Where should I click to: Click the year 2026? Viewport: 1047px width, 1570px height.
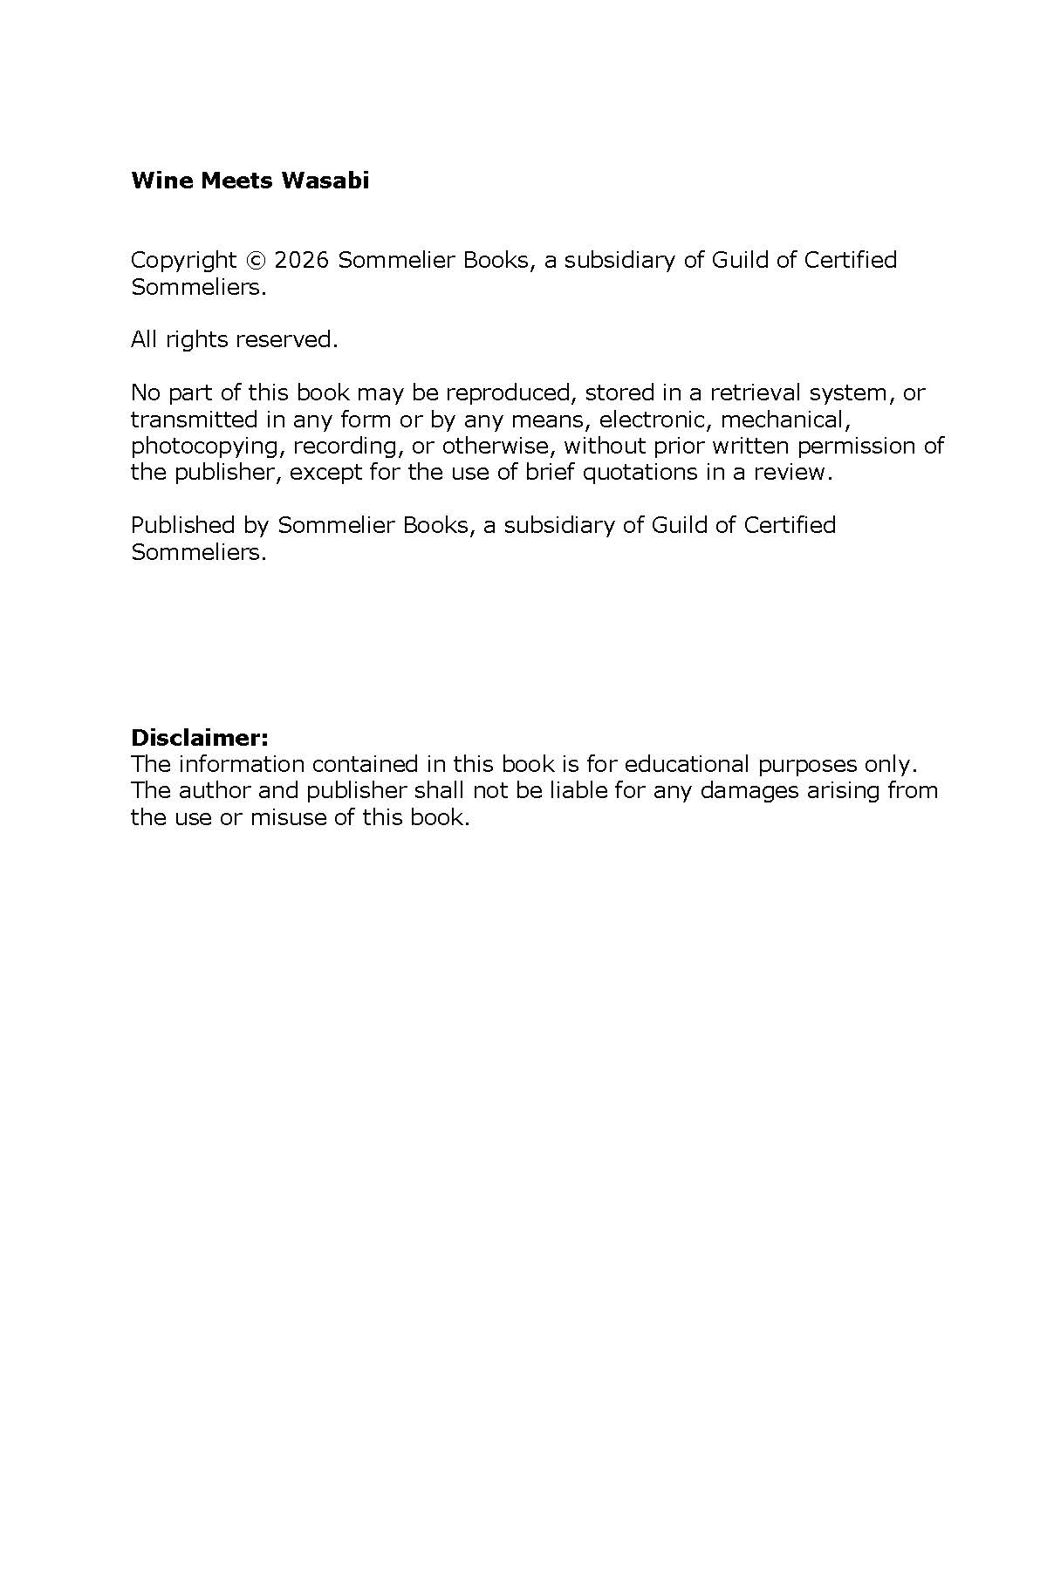tap(301, 260)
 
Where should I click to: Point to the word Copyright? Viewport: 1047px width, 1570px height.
tap(183, 260)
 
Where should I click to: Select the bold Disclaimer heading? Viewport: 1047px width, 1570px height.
tap(199, 738)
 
